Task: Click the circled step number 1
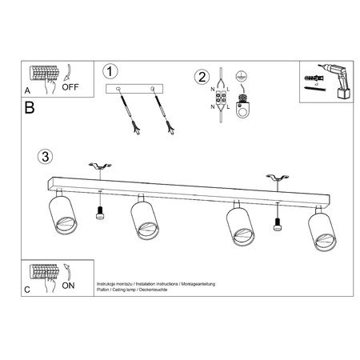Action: click(112, 71)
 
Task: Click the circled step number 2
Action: click(202, 77)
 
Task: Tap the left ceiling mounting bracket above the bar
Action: click(100, 166)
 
